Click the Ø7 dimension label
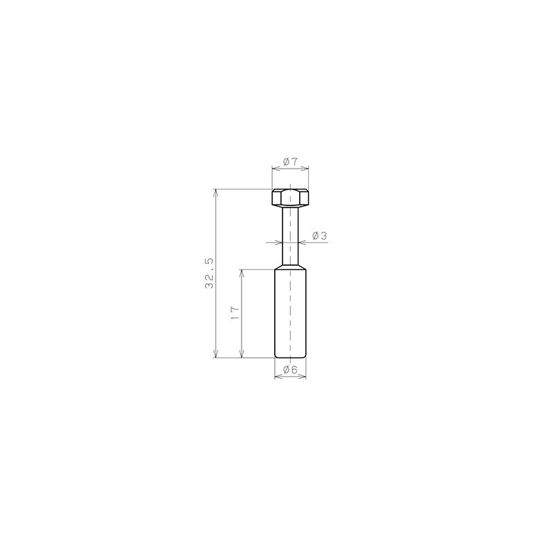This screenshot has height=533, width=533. [x=290, y=162]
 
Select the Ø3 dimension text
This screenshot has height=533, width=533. [x=320, y=236]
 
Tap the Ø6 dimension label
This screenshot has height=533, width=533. [x=290, y=370]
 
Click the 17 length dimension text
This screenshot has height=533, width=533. [x=235, y=313]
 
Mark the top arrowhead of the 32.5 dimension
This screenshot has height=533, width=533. [x=216, y=192]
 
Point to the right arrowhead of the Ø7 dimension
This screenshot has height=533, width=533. [x=306, y=167]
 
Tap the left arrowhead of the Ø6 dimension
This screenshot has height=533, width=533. [x=278, y=375]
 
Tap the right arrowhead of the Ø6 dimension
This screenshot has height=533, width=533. [x=303, y=375]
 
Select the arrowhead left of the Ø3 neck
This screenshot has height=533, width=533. [x=278, y=242]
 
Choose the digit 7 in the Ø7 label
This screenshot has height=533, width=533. [x=294, y=162]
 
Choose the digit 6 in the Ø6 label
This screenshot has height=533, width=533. [x=294, y=370]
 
